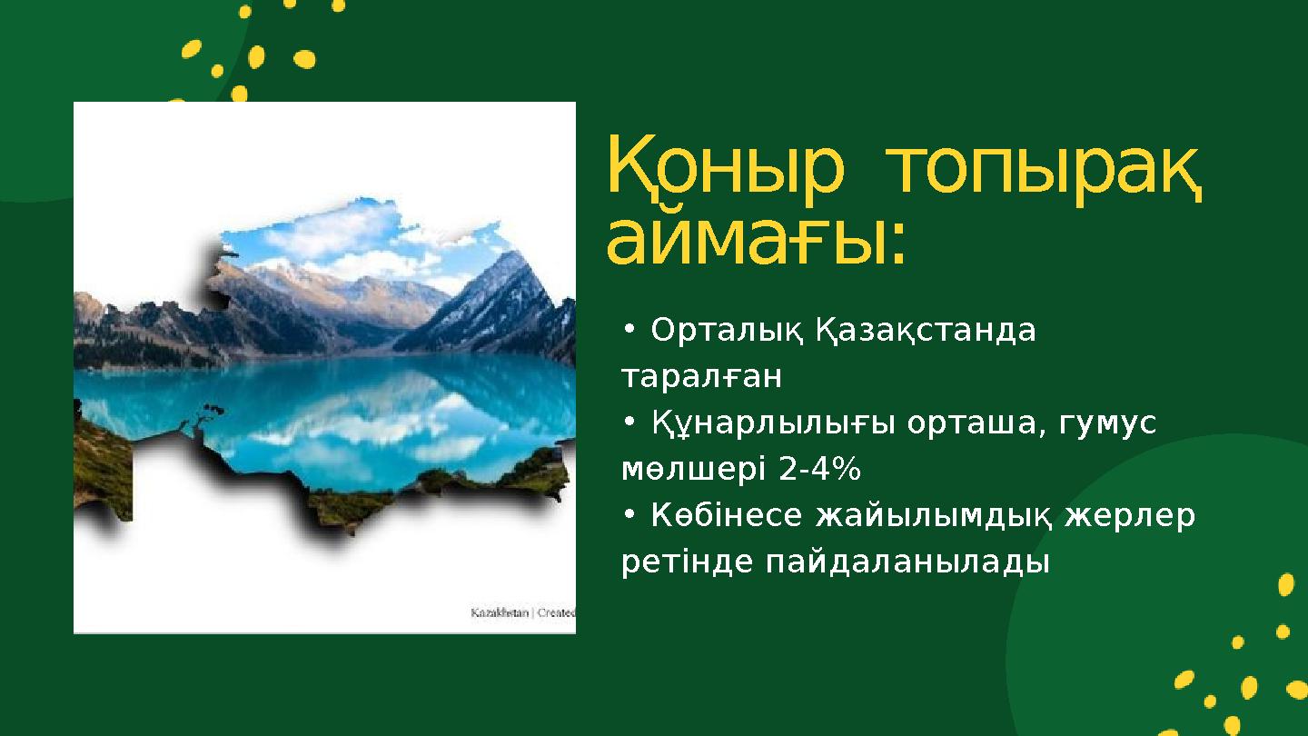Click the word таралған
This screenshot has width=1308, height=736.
point(701,376)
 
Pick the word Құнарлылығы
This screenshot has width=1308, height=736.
point(767,423)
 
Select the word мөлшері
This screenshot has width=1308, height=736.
point(694,470)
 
